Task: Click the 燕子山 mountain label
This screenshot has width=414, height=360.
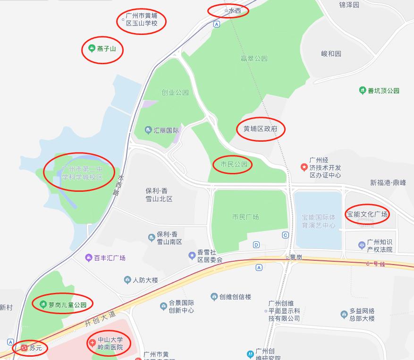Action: (106, 48)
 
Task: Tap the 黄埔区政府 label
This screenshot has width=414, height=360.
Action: (261, 129)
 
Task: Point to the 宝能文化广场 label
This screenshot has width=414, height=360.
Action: (367, 214)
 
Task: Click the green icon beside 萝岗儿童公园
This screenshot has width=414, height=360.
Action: (43, 304)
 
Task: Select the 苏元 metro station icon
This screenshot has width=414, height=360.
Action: (24, 348)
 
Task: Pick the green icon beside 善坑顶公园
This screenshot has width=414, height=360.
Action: (362, 90)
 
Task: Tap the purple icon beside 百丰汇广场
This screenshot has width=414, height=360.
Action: (88, 258)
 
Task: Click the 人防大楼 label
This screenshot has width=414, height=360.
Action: (145, 280)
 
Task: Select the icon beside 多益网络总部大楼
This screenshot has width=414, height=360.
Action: (344, 314)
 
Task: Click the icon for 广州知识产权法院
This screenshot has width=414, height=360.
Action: (362, 245)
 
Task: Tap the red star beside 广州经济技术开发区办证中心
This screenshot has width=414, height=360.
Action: (304, 167)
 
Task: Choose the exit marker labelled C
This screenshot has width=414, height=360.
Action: (285, 235)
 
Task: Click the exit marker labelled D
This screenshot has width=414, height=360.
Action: (256, 245)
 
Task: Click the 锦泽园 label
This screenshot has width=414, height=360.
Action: (349, 5)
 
